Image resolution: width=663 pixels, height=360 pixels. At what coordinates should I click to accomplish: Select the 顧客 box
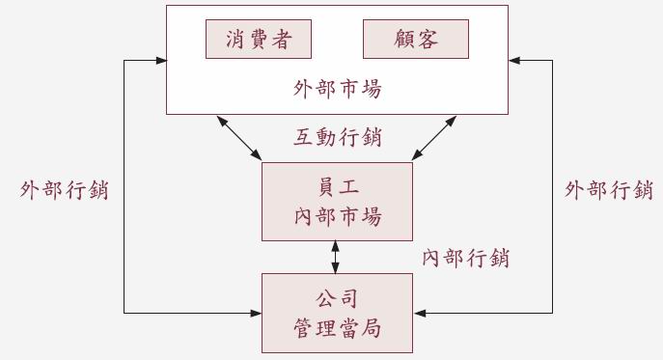(416, 40)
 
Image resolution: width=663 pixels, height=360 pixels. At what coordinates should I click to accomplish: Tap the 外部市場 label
(337, 90)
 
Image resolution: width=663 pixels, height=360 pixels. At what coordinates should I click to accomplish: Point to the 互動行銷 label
(337, 138)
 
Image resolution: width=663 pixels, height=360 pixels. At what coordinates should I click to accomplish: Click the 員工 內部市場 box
(337, 201)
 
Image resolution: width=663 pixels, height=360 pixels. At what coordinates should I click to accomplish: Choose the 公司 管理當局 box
(337, 313)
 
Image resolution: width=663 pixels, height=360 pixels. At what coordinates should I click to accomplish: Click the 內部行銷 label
(466, 259)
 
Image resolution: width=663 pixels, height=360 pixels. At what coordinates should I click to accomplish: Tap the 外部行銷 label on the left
(64, 190)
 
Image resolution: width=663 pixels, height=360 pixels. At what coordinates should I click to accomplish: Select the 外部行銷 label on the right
(609, 190)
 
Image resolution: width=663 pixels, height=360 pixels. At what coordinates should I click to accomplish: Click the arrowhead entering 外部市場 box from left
(159, 61)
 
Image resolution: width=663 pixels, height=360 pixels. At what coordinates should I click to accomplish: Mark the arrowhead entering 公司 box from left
(256, 313)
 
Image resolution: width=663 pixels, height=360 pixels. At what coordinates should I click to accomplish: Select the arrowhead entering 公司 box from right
(419, 313)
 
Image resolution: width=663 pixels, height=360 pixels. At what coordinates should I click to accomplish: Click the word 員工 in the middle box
(337, 186)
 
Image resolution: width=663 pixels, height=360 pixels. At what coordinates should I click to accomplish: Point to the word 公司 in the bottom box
(337, 298)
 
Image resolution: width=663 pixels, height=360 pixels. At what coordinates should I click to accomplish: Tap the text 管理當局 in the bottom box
(337, 328)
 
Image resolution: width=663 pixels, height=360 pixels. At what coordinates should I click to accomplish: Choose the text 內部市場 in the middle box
(337, 216)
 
